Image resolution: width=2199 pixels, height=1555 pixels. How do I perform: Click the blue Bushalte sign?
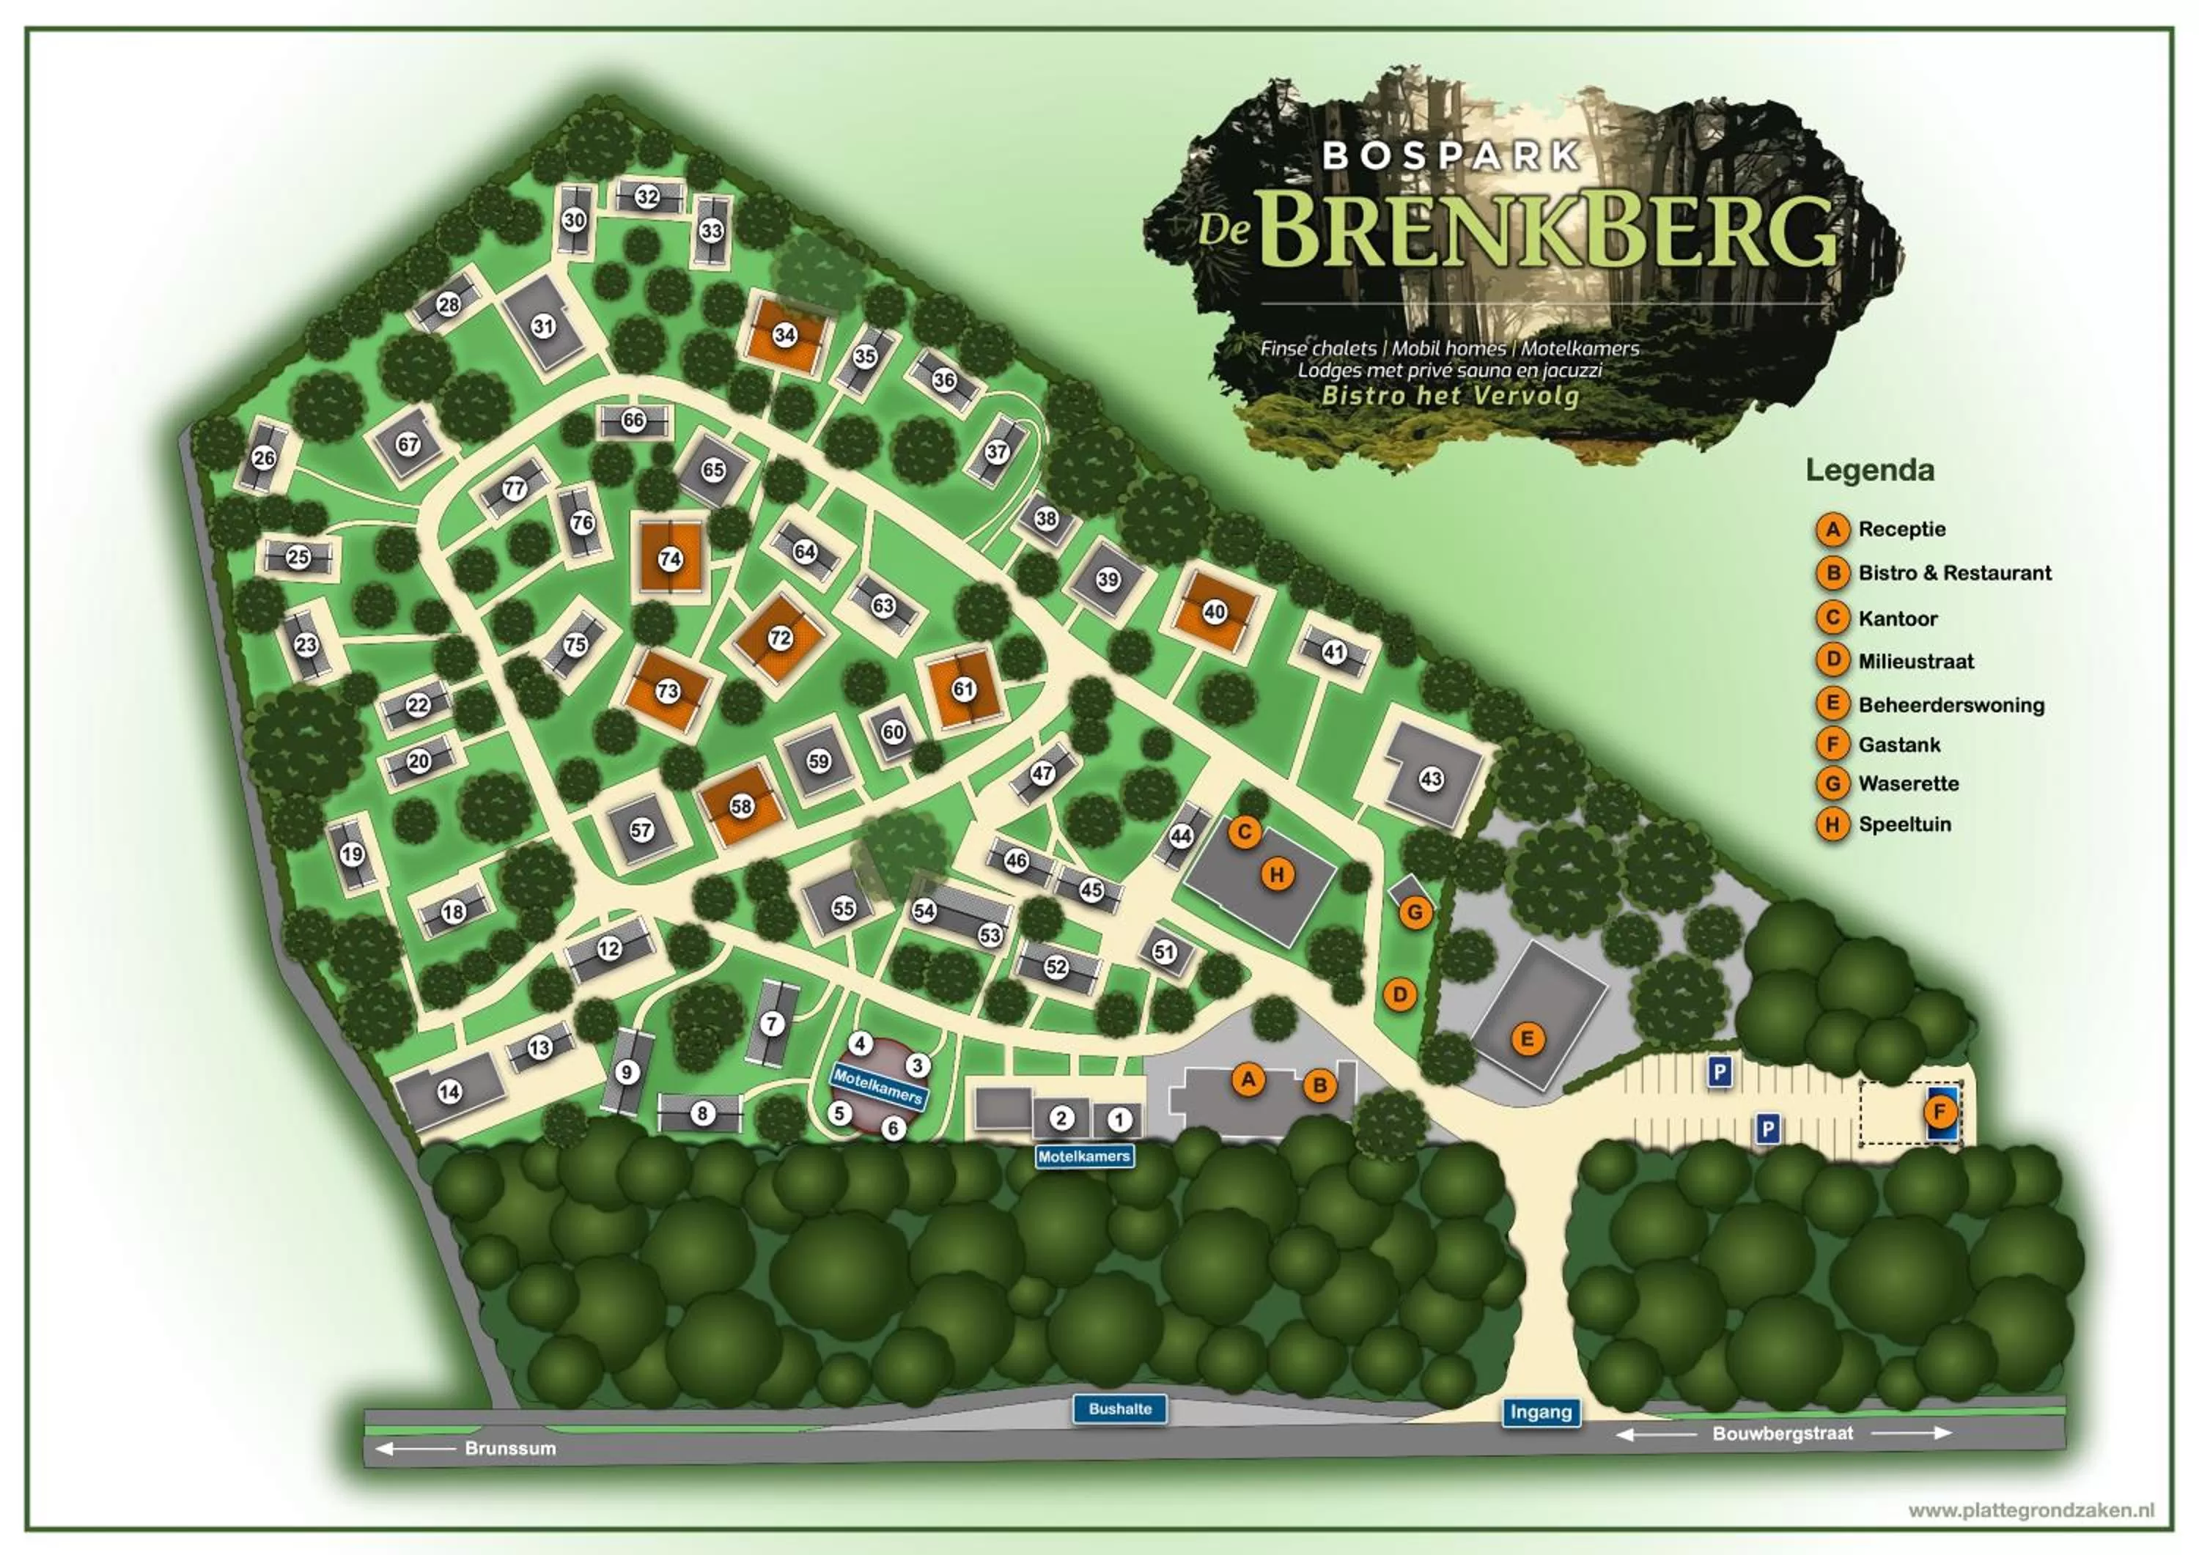[1119, 1408]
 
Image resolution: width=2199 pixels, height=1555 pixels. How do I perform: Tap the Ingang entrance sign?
[1540, 1411]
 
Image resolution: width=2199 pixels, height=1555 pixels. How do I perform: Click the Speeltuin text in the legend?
[1904, 824]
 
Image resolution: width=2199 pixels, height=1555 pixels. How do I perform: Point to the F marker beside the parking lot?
[1940, 1112]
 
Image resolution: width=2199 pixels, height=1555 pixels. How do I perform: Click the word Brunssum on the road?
[509, 1448]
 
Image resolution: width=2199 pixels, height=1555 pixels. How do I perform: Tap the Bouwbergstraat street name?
[1783, 1433]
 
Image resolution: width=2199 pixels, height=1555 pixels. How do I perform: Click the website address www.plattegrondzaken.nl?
[2030, 1510]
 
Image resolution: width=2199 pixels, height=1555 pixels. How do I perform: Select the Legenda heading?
[1870, 470]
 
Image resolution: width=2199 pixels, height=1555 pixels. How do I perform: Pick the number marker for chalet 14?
[449, 1092]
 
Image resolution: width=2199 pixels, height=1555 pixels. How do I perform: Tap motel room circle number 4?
[860, 1044]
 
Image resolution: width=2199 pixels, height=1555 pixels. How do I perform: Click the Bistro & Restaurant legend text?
[1954, 572]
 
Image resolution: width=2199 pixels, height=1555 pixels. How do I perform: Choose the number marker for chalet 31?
[544, 325]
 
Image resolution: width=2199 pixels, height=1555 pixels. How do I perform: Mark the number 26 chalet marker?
[263, 458]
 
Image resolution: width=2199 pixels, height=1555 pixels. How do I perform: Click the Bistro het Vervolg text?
[1449, 396]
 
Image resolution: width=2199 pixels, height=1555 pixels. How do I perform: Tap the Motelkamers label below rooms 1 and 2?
[1084, 1156]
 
